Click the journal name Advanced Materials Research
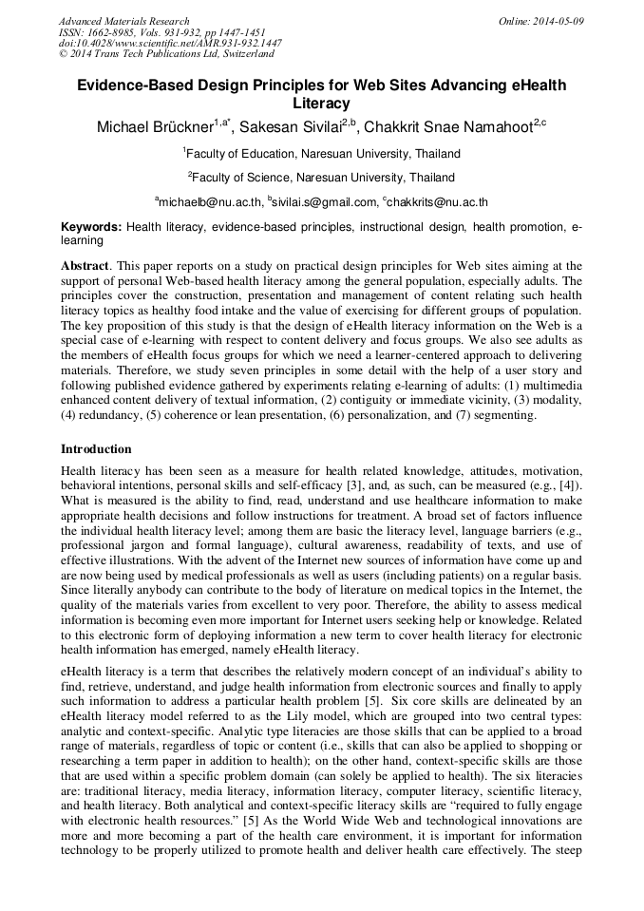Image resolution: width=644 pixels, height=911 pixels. pos(123,21)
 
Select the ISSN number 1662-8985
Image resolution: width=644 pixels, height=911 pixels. pos(112,32)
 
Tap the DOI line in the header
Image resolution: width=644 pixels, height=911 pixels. pos(170,44)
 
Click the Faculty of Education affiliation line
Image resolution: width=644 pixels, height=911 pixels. pos(321,153)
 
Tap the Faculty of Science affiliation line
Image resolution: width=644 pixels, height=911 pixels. pos(321,177)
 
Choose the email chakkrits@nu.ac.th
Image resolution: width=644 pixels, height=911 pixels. pos(437,201)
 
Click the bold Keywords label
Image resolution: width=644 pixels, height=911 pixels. pos(91,228)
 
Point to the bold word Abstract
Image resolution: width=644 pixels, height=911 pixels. pos(84,267)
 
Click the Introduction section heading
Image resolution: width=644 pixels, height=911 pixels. pos(96,448)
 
